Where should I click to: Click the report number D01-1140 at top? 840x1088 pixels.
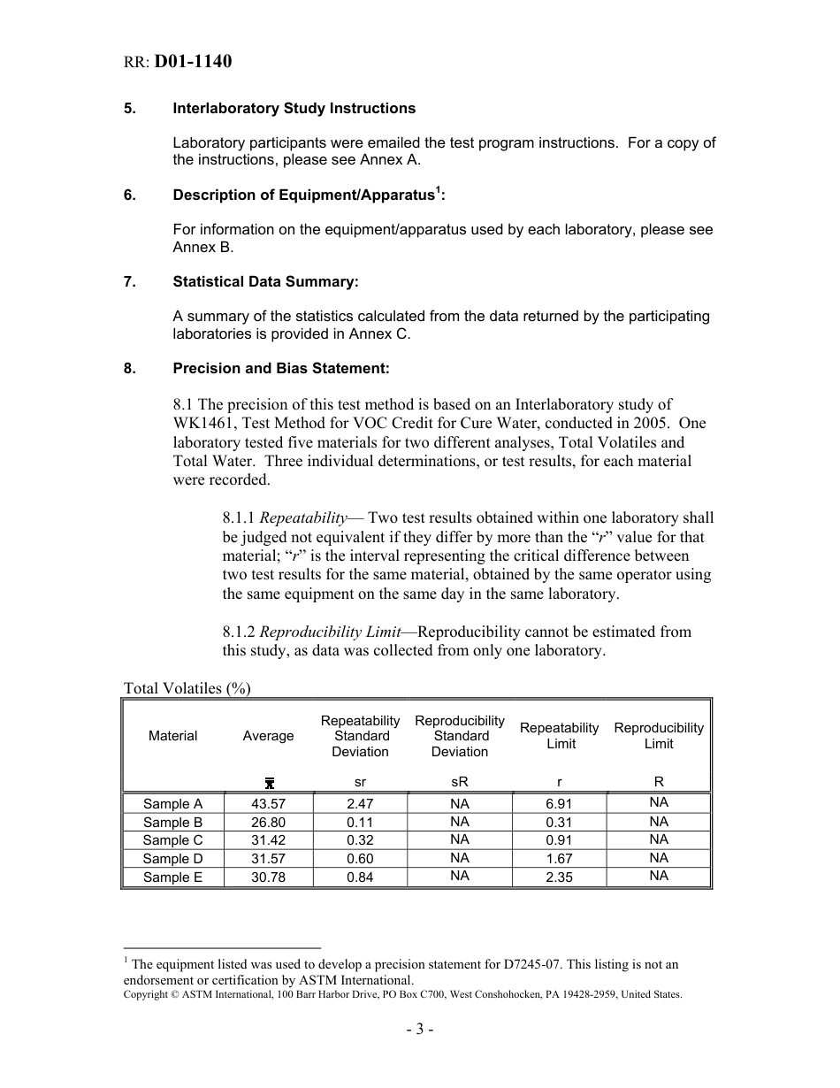point(193,62)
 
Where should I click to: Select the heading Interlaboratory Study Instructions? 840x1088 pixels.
point(294,109)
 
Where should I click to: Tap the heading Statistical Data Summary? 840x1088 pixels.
point(265,282)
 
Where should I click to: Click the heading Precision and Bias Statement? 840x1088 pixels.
point(280,369)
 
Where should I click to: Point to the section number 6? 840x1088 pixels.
point(130,195)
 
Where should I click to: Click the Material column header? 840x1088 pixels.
point(172,736)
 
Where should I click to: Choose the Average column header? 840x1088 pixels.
point(268,736)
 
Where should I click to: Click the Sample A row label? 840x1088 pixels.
point(172,804)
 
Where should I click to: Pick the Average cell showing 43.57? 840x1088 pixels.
point(268,804)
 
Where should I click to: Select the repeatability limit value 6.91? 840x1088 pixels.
point(559,804)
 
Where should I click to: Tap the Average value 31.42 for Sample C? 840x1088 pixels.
point(268,840)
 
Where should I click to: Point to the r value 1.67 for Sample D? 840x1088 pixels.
point(559,859)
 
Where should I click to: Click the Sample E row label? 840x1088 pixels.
point(172,877)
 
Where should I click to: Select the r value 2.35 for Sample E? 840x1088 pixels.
point(559,877)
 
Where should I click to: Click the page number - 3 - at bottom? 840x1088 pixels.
point(420,1029)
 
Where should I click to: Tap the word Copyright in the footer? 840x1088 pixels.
point(148,995)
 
